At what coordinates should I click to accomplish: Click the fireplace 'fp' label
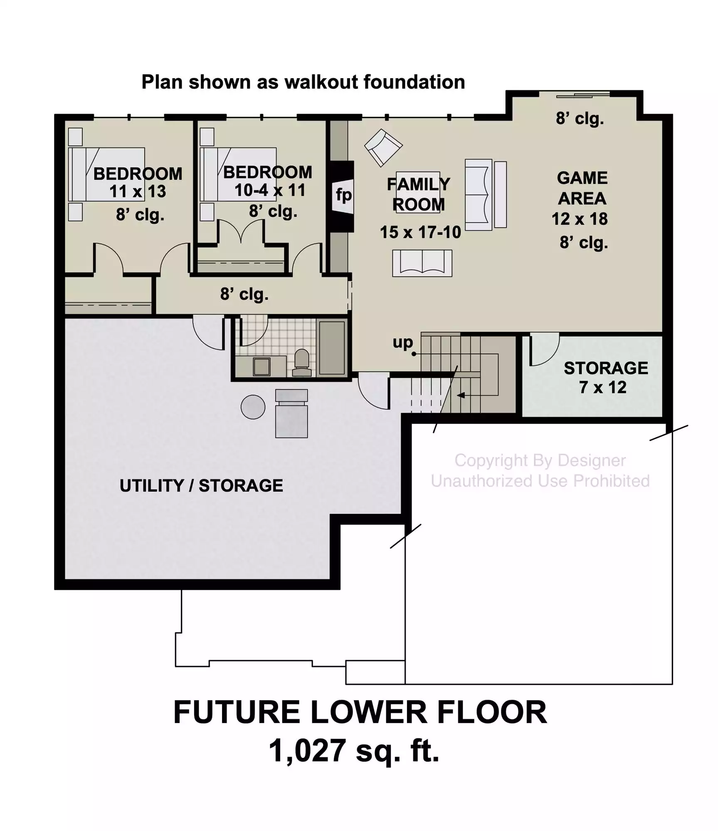tap(344, 194)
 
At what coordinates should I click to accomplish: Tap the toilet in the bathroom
tap(301, 363)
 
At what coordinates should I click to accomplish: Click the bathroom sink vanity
tap(261, 366)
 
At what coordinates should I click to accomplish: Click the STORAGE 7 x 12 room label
tap(605, 377)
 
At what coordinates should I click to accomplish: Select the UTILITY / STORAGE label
tap(201, 485)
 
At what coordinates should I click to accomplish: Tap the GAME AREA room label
tap(582, 188)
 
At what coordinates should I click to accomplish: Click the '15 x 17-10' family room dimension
tap(420, 232)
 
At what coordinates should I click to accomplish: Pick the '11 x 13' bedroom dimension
tap(138, 192)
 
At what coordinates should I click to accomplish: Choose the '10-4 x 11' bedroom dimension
tap(270, 190)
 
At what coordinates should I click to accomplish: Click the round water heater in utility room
tap(253, 407)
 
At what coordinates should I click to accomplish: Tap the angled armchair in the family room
tap(383, 148)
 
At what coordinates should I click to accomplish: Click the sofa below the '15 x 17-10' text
tap(422, 263)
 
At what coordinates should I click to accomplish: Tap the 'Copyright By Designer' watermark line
tap(540, 460)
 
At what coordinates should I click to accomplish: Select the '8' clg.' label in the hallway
tap(244, 295)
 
